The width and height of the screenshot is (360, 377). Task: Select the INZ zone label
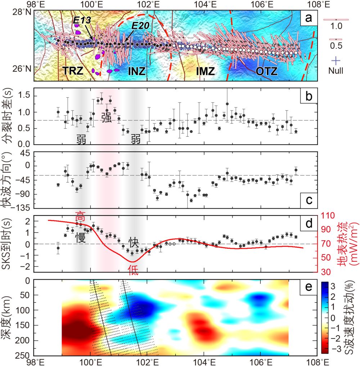pyautogui.click(x=137, y=71)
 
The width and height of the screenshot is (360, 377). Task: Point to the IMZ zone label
pyautogui.click(x=205, y=71)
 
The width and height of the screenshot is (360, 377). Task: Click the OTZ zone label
pyautogui.click(x=267, y=71)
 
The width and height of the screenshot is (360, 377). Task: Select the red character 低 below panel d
pyautogui.click(x=133, y=272)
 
